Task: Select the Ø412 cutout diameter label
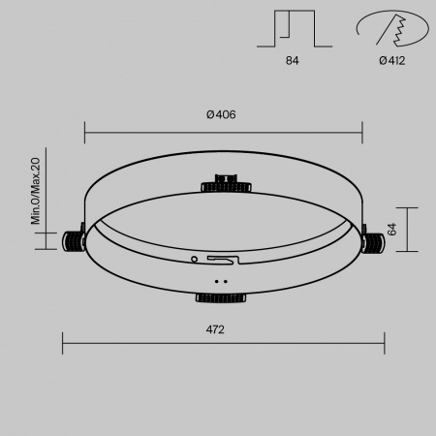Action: pos(391,61)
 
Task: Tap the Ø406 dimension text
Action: pos(222,114)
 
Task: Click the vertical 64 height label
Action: pos(392,229)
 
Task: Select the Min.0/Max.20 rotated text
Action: pos(35,191)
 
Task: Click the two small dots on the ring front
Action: pos(219,282)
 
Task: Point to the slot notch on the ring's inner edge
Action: pos(219,260)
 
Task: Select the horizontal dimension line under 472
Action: pos(223,341)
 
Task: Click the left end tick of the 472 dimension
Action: pos(63,341)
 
